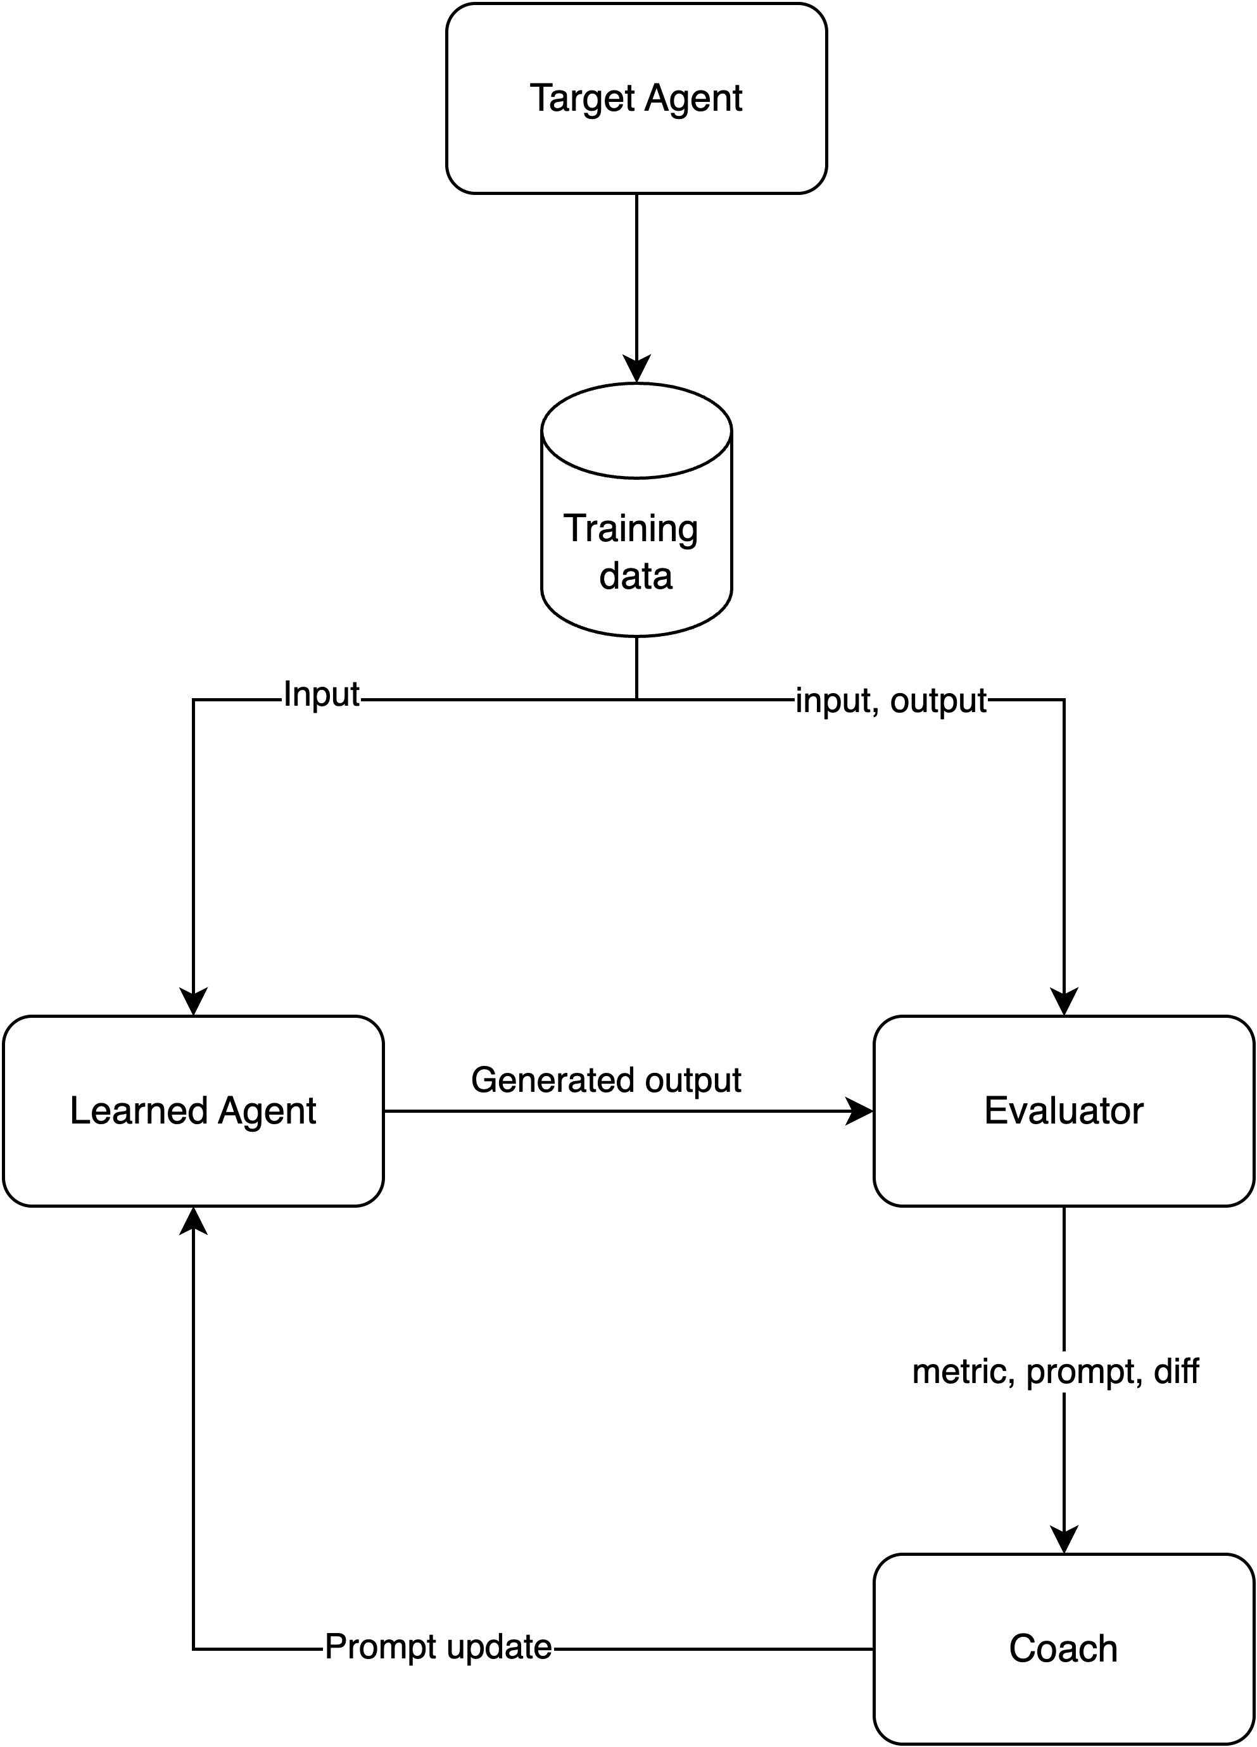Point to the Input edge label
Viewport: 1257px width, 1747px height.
(320, 694)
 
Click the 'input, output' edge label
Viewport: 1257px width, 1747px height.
(891, 700)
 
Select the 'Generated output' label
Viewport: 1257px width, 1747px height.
(606, 1080)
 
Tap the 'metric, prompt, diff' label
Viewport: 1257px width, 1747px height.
(1055, 1372)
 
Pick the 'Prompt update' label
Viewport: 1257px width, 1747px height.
(438, 1647)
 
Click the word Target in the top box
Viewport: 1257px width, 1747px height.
(582, 99)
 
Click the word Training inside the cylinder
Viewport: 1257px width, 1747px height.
(631, 529)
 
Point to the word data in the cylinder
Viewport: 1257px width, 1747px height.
(636, 576)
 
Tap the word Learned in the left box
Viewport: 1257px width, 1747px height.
(139, 1111)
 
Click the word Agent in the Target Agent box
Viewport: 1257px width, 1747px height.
(693, 99)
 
